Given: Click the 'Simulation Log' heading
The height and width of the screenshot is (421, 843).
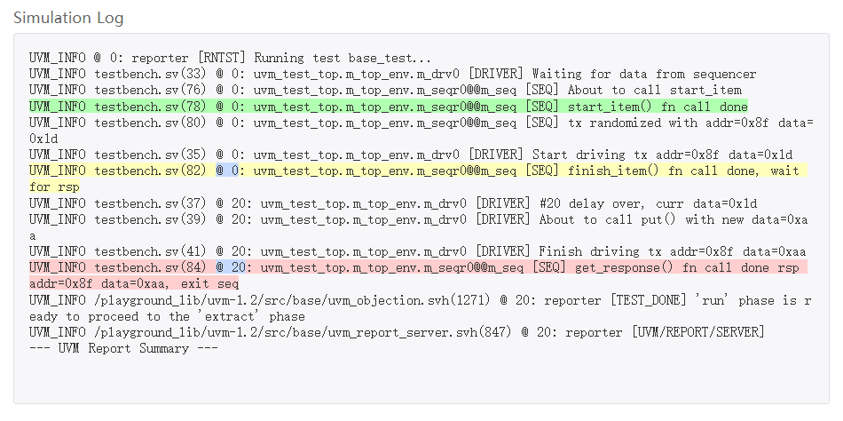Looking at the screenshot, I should tap(68, 18).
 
